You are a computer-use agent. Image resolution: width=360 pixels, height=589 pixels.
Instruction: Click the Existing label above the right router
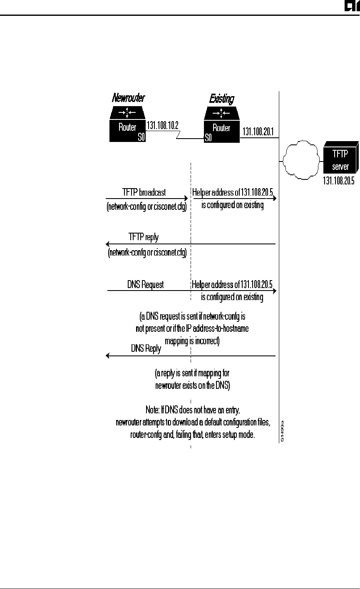221,99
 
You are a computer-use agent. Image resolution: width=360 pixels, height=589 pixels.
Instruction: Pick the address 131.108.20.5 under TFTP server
341,181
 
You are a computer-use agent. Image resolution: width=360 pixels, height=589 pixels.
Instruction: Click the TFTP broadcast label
144,192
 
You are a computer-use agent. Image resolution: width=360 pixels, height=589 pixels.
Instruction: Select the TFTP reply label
144,237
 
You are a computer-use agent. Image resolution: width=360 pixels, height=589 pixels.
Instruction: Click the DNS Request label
145,285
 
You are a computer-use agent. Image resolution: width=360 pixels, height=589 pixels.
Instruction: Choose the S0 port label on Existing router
208,137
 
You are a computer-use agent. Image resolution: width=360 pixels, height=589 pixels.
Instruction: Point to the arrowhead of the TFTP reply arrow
108,244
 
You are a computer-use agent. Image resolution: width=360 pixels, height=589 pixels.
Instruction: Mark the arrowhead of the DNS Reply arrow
108,356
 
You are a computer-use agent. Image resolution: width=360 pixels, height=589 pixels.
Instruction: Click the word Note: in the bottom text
151,410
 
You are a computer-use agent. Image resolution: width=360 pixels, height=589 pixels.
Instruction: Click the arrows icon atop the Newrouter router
127,112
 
